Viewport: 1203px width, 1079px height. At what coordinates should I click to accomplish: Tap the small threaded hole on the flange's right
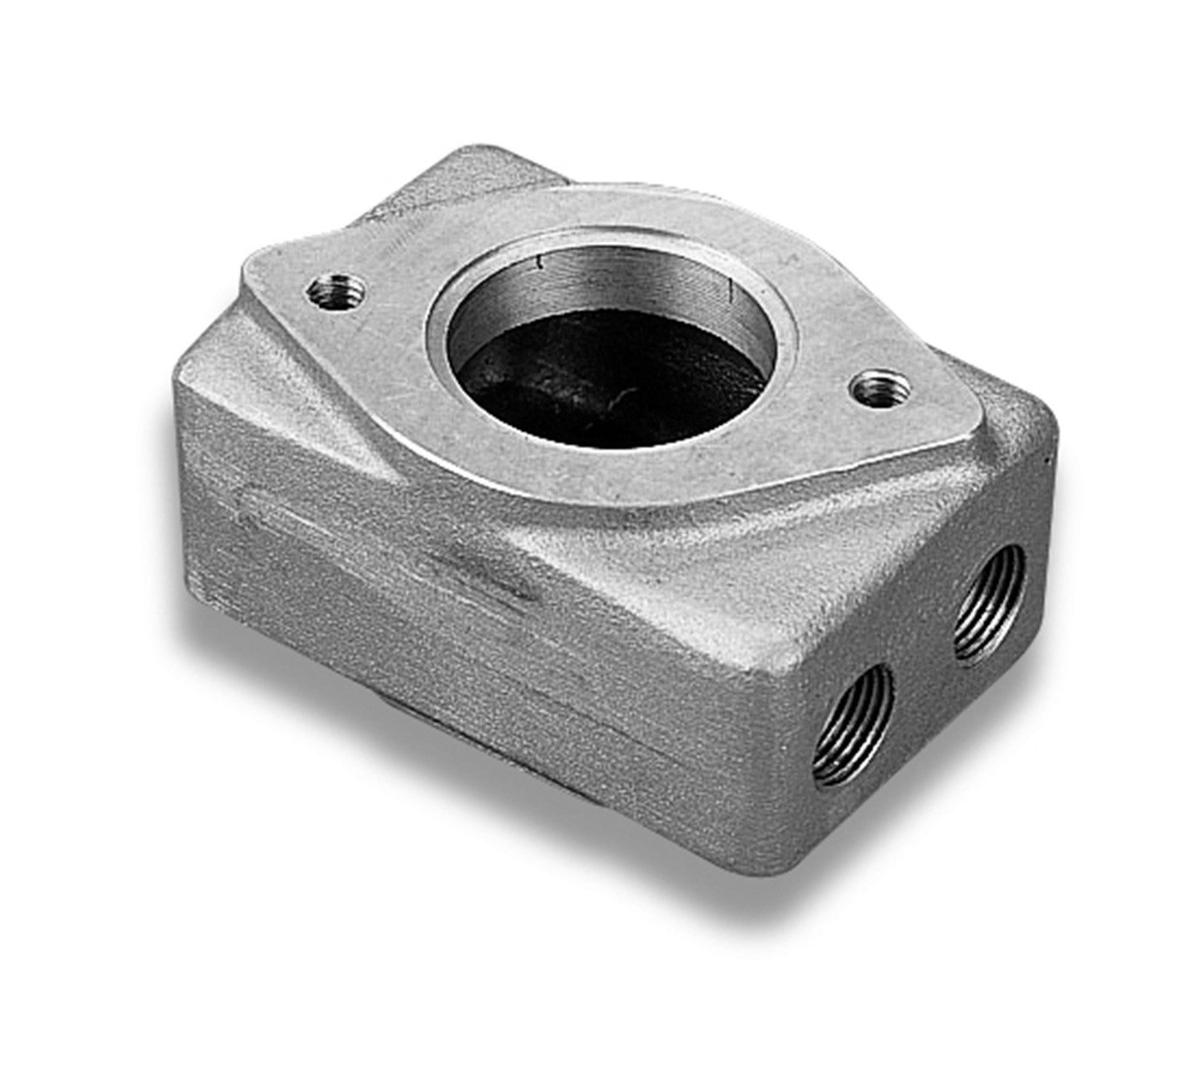881,389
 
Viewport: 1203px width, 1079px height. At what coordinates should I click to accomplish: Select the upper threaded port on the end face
989,603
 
